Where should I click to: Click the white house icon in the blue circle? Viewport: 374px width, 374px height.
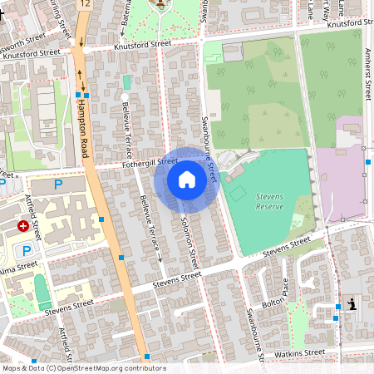click(x=187, y=180)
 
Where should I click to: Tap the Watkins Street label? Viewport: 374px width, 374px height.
click(x=301, y=353)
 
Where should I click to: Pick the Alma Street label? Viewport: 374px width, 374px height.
click(x=18, y=268)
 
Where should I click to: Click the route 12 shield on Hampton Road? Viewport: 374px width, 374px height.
click(x=84, y=5)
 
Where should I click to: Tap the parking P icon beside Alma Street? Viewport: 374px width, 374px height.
click(x=27, y=250)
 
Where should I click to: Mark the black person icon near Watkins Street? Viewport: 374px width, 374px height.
click(x=353, y=305)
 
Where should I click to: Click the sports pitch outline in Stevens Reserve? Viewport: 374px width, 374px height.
click(x=238, y=194)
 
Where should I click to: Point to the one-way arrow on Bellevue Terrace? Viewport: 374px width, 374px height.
click(x=160, y=261)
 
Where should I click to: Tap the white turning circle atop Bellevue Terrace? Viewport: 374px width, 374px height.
click(x=124, y=98)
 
